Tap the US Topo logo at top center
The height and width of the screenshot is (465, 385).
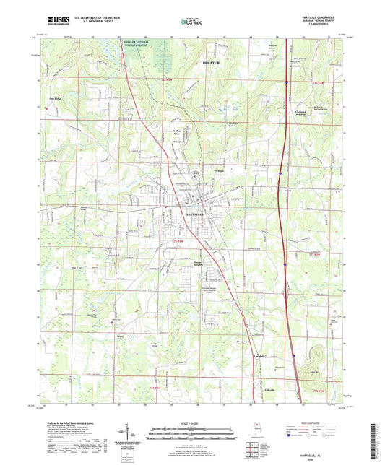pyautogui.click(x=192, y=21)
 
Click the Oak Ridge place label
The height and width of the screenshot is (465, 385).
pyautogui.click(x=54, y=99)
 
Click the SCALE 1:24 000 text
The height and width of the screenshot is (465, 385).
pyautogui.click(x=192, y=422)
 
